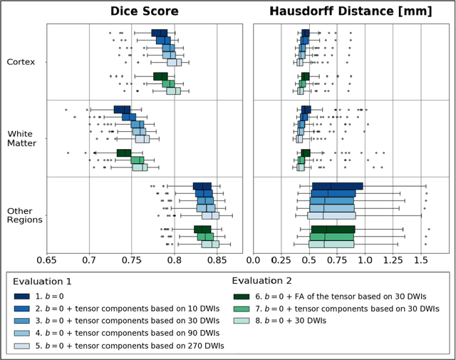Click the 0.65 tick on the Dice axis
[x=47, y=261]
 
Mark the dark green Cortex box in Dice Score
[x=160, y=76]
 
